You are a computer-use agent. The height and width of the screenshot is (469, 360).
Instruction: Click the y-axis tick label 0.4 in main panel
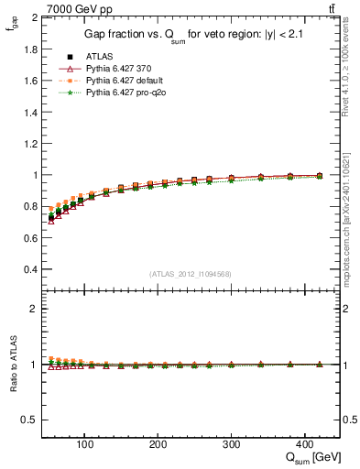pos(30,270)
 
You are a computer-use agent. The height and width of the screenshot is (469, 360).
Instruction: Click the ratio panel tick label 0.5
pos(30,420)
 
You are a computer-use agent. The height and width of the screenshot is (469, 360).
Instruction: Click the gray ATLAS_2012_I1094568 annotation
pos(189,274)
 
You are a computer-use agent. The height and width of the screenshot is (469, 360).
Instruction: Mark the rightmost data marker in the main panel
pos(319,176)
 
